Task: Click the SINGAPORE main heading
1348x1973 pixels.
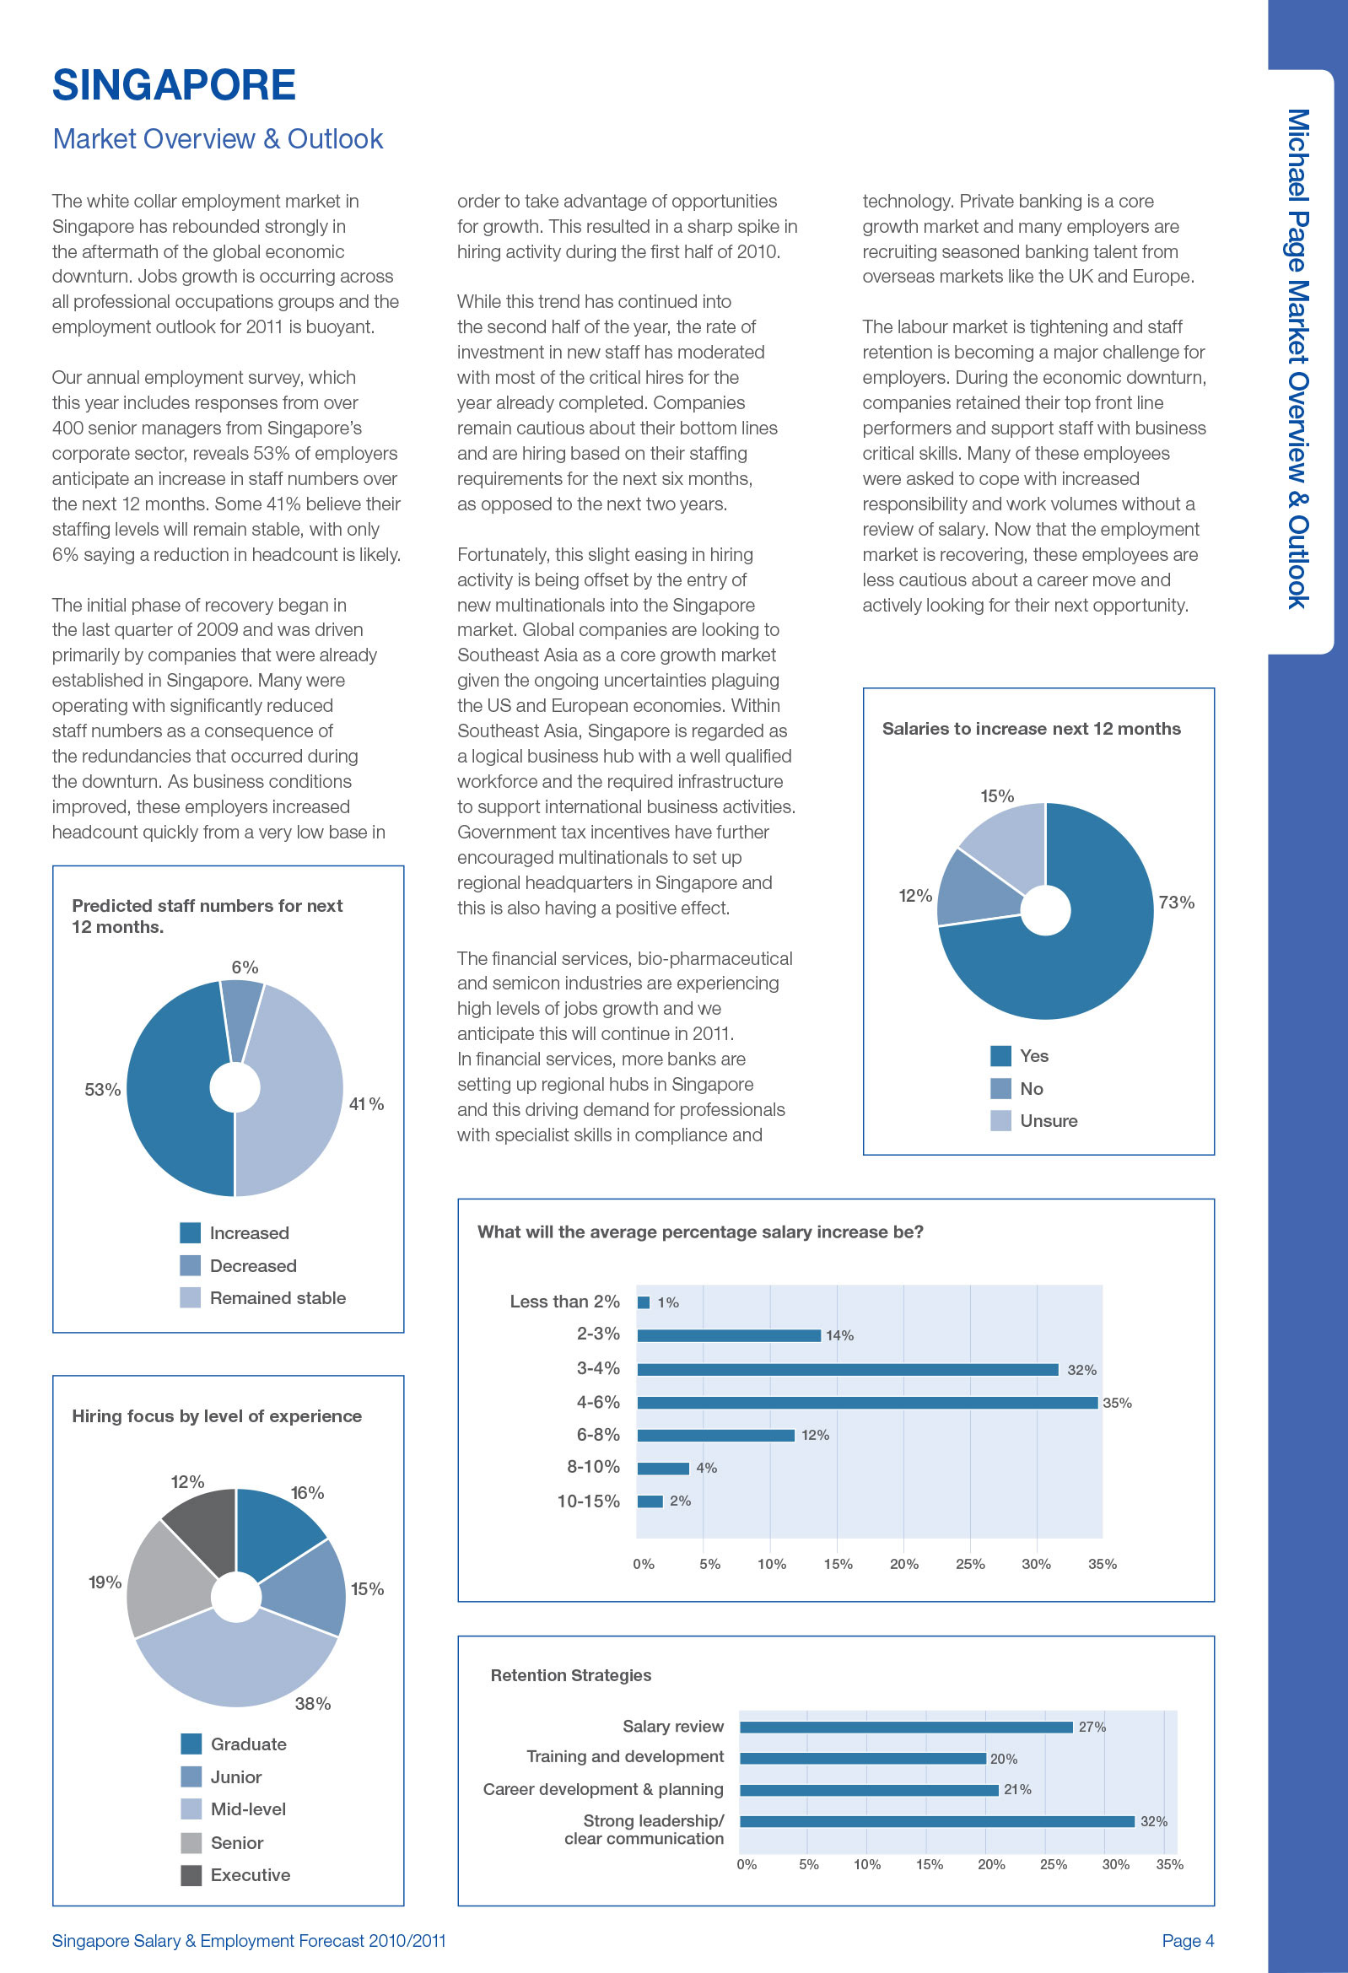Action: pyautogui.click(x=174, y=85)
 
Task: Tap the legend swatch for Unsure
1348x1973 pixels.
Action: pyautogui.click(x=1000, y=1121)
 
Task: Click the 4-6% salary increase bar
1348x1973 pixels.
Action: pyautogui.click(x=867, y=1403)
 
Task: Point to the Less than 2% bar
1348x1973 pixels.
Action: pyautogui.click(x=644, y=1302)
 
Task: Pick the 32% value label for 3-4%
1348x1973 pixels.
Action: pyautogui.click(x=1081, y=1369)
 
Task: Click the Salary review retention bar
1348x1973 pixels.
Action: pyautogui.click(x=907, y=1727)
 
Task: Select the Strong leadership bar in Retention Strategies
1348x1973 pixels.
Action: pyautogui.click(x=937, y=1821)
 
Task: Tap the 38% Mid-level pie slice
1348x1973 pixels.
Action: pyautogui.click(x=236, y=1664)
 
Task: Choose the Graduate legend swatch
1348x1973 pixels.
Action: pyautogui.click(x=191, y=1744)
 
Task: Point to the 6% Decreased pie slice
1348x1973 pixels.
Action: pyautogui.click(x=241, y=1015)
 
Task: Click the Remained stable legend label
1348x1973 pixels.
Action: pyautogui.click(x=278, y=1298)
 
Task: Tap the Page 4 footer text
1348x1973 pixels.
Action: pyautogui.click(x=1188, y=1941)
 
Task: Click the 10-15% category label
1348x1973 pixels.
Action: pyautogui.click(x=588, y=1501)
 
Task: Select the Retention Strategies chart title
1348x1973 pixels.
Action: pyautogui.click(x=570, y=1675)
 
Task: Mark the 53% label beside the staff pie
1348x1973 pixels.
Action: pyautogui.click(x=103, y=1089)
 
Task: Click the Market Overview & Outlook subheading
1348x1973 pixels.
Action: pyautogui.click(x=218, y=138)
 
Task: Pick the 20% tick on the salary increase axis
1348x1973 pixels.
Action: pyautogui.click(x=904, y=1564)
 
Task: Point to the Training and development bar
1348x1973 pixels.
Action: pyautogui.click(x=862, y=1758)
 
